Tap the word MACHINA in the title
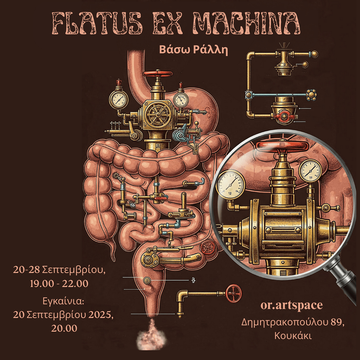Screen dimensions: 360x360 click(x=246, y=24)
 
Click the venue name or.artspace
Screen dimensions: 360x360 click(x=291, y=306)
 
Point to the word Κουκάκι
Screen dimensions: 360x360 click(x=293, y=336)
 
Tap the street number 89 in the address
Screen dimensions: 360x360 click(x=337, y=323)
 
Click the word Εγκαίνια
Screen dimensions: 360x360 click(x=63, y=301)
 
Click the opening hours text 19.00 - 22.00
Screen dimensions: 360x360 click(x=59, y=284)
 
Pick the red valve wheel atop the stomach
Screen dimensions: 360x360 click(x=157, y=74)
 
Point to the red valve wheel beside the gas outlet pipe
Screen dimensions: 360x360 click(x=233, y=294)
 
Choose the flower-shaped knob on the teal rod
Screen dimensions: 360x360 click(x=311, y=95)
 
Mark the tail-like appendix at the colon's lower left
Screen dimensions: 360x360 click(x=111, y=250)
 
